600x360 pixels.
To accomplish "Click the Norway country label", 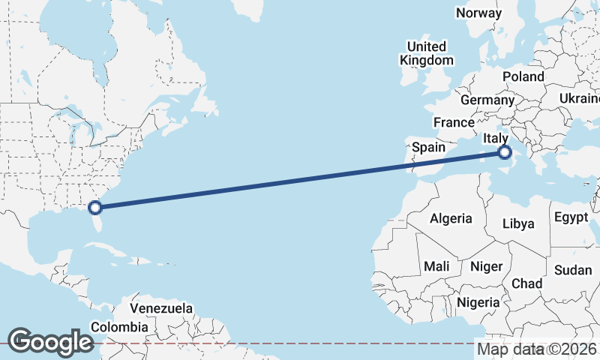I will click(478, 13).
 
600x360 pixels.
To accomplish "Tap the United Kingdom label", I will click(427, 53).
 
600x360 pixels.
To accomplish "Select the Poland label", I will click(523, 76).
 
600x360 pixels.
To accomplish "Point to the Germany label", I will click(487, 100).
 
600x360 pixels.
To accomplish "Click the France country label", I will click(454, 122).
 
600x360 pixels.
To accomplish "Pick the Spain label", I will click(429, 148).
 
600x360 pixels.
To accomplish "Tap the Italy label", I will click(495, 138).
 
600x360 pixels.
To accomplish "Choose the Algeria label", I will click(451, 218).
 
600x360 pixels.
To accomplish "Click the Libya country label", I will click(518, 223).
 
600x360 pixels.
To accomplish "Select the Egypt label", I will click(571, 217).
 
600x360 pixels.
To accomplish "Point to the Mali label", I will click(436, 265).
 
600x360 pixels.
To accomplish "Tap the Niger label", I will click(486, 265).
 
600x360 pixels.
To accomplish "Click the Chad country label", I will click(526, 283).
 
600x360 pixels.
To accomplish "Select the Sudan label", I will click(572, 270).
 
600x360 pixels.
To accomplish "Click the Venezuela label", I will click(161, 308).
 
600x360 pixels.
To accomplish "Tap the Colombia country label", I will click(119, 327).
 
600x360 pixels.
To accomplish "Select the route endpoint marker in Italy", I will click(504, 153).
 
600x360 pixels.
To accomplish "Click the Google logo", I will click(50, 342).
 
